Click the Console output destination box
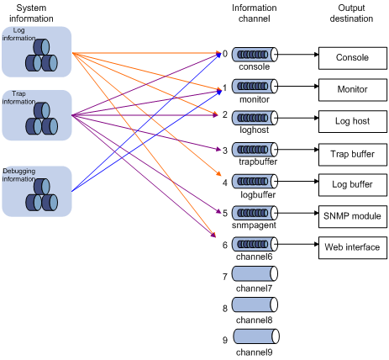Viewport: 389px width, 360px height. [x=353, y=58]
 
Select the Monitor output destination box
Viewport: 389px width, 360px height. [x=353, y=90]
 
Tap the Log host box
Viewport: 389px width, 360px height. [x=353, y=121]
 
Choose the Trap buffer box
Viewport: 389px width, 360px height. [x=353, y=155]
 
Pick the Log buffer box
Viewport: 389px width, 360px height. [x=353, y=185]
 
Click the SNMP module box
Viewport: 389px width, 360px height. [x=353, y=216]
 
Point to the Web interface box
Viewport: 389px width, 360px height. [x=353, y=247]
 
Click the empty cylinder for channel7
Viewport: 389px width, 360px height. [x=255, y=273]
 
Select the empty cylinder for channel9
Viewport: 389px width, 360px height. [x=256, y=336]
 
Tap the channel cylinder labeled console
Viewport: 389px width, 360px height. [x=255, y=55]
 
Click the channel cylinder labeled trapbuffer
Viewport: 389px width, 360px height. [x=255, y=150]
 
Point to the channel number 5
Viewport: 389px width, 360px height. [x=225, y=214]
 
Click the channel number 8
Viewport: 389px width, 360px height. [x=225, y=309]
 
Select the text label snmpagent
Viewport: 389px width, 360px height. [x=254, y=225]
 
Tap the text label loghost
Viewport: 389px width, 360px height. [x=255, y=130]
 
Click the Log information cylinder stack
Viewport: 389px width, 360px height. [x=41, y=55]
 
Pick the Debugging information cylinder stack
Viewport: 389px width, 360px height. [x=42, y=195]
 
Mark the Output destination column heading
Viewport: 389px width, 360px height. [x=351, y=13]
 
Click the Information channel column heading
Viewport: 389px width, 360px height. [x=255, y=13]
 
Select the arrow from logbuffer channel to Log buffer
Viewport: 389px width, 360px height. [x=298, y=182]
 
